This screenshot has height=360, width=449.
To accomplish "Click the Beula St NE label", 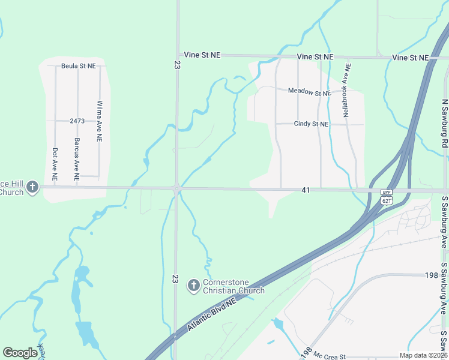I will (79, 66).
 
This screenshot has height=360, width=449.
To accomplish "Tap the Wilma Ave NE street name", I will (100, 121).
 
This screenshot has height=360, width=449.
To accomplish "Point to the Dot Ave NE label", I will (55, 164).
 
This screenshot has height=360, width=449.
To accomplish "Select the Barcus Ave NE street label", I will (77, 160).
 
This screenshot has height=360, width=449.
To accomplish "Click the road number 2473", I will (77, 121).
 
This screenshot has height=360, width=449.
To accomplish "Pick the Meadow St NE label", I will (309, 92).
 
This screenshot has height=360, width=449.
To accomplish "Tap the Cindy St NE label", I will (311, 124).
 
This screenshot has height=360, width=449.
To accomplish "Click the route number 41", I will (306, 190).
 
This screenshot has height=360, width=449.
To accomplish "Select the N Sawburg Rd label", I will (445, 124).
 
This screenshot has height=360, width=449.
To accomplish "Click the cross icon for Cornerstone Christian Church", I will (193, 286).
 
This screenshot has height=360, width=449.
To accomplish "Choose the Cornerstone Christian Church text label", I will (234, 287).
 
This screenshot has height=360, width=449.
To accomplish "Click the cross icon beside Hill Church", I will (32, 188).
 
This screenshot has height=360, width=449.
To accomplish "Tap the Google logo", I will (20, 353).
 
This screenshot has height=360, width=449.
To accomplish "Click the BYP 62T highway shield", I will (387, 197).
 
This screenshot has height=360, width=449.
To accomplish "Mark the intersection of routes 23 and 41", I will (176, 189).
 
